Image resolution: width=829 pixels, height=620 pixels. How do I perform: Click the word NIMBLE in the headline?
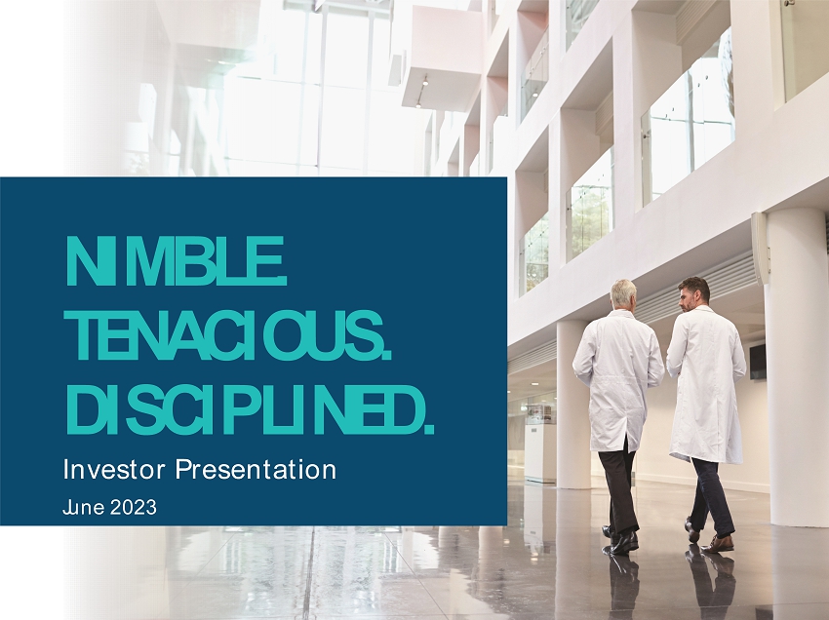174,261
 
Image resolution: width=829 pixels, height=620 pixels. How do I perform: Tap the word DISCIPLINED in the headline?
243,409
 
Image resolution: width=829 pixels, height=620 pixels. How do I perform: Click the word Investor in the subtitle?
114,469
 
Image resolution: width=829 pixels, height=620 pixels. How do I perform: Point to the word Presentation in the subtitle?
256,469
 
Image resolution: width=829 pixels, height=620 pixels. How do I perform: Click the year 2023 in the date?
134,508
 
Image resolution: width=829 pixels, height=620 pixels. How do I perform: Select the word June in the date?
84,508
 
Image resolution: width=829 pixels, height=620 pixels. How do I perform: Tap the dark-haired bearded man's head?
693,293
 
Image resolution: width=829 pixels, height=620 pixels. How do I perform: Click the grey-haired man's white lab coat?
617,380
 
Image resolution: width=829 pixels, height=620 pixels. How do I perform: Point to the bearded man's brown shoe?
718,544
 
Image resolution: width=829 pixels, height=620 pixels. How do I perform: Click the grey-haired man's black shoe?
624,542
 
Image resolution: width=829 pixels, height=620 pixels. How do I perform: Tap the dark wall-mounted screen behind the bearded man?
757,361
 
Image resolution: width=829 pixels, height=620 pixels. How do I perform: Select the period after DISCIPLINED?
429,430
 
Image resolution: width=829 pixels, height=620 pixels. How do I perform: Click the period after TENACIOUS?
387,356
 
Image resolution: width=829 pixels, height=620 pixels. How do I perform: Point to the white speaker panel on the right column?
760,248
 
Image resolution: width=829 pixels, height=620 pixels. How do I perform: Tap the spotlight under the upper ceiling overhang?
425,81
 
